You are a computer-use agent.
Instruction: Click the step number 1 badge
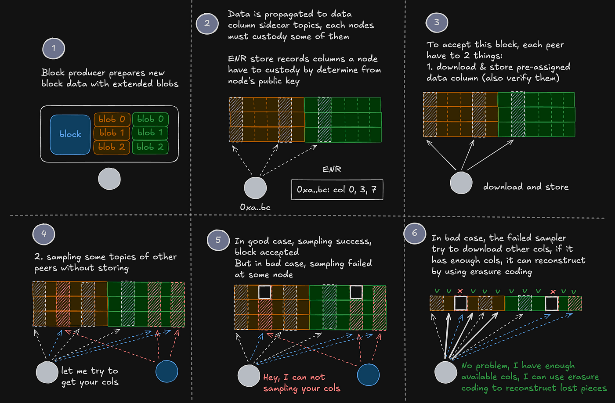tap(54, 48)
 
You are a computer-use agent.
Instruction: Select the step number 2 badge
tap(207, 23)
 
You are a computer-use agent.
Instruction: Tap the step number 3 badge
tap(437, 22)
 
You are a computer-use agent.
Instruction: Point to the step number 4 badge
tap(43, 234)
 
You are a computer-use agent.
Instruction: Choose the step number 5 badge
tap(218, 240)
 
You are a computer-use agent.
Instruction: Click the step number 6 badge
tap(415, 233)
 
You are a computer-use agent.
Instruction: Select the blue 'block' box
tap(70, 134)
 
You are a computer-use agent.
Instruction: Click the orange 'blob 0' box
tap(112, 119)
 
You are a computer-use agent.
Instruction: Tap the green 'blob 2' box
tap(150, 147)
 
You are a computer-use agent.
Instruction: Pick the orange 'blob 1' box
tap(112, 133)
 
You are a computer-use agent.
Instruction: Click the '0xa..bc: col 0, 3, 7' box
tap(337, 190)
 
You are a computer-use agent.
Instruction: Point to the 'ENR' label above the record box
tap(332, 169)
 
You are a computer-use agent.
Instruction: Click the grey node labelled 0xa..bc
tap(255, 187)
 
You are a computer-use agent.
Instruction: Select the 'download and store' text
tap(525, 187)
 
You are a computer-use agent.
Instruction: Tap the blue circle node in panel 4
tap(167, 371)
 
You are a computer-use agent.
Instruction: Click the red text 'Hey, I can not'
tap(294, 377)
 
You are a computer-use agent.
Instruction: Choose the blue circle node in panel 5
tap(368, 375)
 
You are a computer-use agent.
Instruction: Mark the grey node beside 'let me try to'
tap(47, 372)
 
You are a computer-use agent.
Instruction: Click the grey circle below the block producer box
tap(109, 179)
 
